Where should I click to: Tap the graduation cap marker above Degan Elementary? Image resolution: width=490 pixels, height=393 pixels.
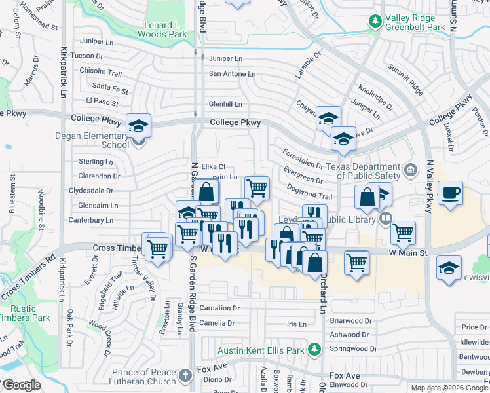click(139, 124)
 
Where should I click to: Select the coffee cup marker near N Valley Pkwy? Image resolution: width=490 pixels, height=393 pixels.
click(450, 193)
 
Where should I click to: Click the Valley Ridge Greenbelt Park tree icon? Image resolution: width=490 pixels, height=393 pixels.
click(375, 22)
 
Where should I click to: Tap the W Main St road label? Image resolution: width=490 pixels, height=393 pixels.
click(407, 252)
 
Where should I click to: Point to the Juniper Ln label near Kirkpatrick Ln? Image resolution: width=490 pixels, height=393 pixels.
click(91, 41)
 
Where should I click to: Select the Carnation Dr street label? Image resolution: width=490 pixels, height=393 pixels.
click(219, 308)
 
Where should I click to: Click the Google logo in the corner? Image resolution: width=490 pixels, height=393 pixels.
click(22, 386)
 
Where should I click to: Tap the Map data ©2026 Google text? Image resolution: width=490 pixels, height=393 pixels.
click(449, 388)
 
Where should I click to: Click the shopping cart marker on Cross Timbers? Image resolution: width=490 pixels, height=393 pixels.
click(157, 248)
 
